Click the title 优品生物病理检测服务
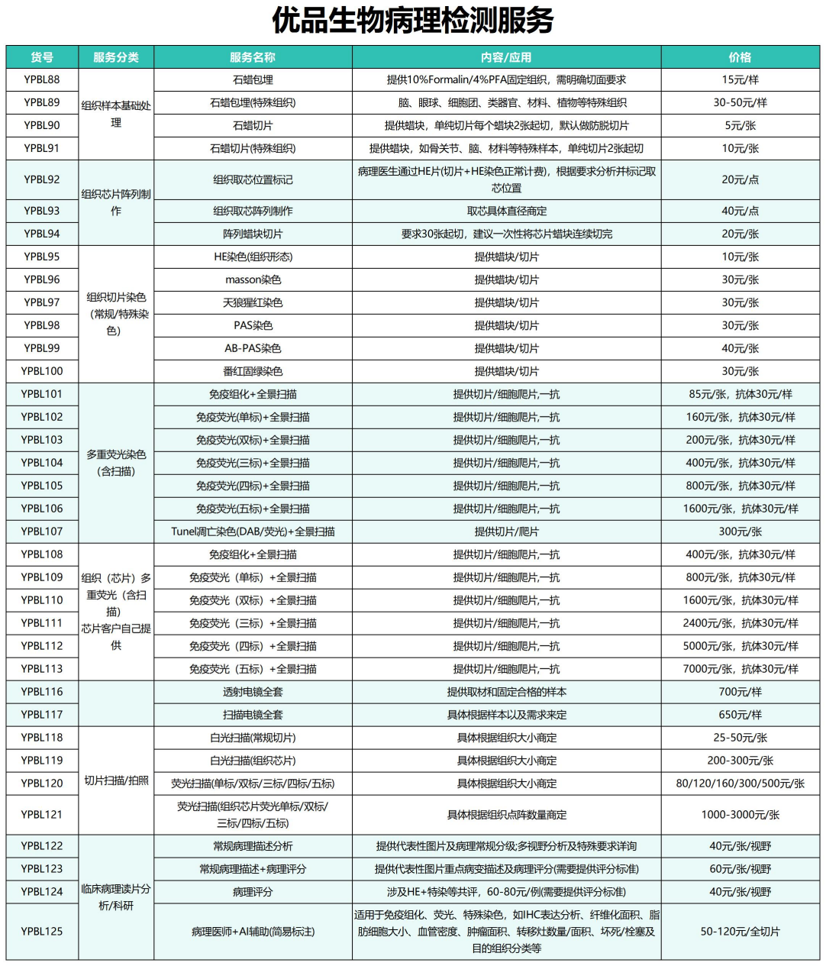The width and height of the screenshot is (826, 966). click(412, 21)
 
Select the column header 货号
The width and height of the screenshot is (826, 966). click(42, 57)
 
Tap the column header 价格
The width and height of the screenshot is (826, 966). click(740, 57)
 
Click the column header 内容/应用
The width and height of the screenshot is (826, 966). click(506, 57)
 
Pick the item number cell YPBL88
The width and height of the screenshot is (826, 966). click(42, 79)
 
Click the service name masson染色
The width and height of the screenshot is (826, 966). click(253, 279)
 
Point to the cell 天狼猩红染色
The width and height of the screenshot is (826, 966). click(253, 302)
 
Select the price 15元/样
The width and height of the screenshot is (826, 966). click(740, 79)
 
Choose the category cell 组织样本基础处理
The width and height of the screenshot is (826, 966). click(116, 114)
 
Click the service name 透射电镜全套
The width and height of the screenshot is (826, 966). click(253, 692)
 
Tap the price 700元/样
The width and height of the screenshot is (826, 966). click(740, 692)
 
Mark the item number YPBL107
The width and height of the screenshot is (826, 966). click(42, 531)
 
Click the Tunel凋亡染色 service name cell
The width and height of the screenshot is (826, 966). click(253, 531)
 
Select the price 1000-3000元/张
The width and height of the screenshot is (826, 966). click(740, 815)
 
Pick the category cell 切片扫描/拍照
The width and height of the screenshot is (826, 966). click(116, 780)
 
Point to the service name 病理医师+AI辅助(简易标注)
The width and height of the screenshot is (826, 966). click(253, 932)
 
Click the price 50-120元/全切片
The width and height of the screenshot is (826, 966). click(740, 932)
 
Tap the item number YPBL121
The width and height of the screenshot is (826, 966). click(42, 815)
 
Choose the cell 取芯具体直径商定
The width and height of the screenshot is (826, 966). click(506, 211)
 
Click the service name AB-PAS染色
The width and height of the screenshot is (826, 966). click(253, 348)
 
